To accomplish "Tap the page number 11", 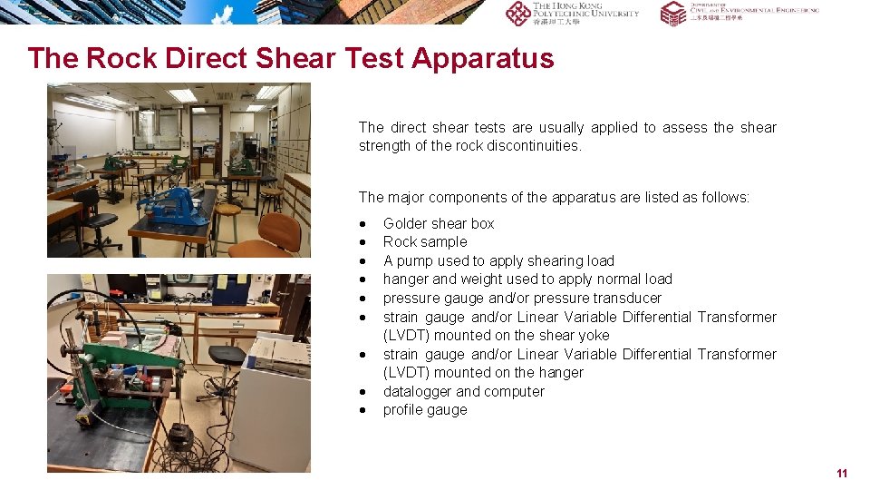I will [842, 474].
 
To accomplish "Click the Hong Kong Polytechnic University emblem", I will [518, 13].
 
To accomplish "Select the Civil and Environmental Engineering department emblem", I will [672, 13].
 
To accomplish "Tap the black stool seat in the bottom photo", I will [226, 355].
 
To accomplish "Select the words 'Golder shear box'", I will [439, 223].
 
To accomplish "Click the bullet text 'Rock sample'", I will [425, 241].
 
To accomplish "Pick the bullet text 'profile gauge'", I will [425, 409].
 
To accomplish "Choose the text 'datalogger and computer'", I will [464, 391].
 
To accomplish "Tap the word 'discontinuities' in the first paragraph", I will [534, 146].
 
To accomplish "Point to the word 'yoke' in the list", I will [594, 335].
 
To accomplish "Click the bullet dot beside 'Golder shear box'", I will [363, 224].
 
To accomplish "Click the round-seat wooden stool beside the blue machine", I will [227, 218].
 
